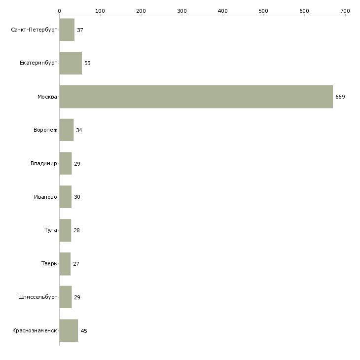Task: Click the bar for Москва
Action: point(196,97)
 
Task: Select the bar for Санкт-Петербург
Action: point(67,30)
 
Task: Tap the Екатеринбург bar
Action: point(71,63)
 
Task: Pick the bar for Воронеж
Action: point(66,130)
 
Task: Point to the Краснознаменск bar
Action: point(69,330)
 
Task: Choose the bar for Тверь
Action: point(65,264)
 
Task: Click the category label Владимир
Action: point(43,164)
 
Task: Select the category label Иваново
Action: point(45,197)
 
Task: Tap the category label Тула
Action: point(50,230)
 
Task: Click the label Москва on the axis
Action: point(47,97)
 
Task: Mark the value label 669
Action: point(340,97)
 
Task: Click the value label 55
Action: point(87,64)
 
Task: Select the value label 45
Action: point(83,331)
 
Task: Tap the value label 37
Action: point(80,30)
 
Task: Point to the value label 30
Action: point(77,197)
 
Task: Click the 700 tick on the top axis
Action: point(345,10)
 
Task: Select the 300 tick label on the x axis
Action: point(182,10)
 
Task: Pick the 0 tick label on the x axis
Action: point(59,10)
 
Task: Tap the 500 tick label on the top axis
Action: point(263,10)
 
